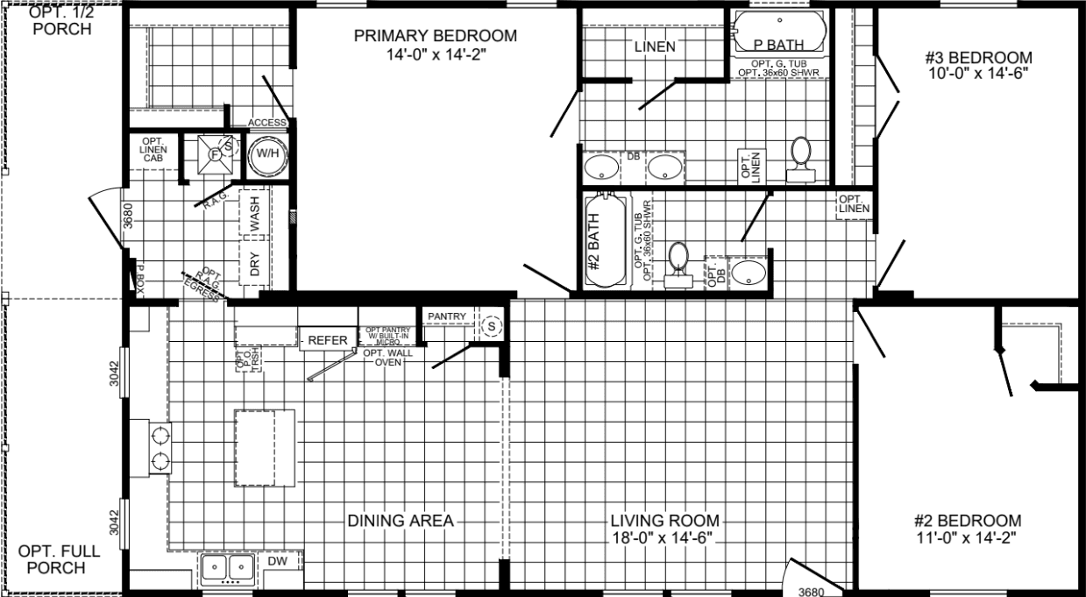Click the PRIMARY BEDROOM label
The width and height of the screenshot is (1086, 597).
pos(435,36)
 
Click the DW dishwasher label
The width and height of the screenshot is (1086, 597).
pos(277,561)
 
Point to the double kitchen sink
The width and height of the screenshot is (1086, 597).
pos(227,569)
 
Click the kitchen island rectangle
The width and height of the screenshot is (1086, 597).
pos(264,447)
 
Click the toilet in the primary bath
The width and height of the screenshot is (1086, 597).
pos(800,158)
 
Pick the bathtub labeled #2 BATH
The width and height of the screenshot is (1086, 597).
pos(604,240)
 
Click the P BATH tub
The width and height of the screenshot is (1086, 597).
pos(778,32)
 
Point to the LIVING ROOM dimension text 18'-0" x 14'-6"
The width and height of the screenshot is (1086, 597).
pos(664,537)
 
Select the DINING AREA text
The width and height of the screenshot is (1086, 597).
pos(401,521)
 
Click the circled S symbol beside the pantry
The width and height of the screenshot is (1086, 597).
pos(491,326)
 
